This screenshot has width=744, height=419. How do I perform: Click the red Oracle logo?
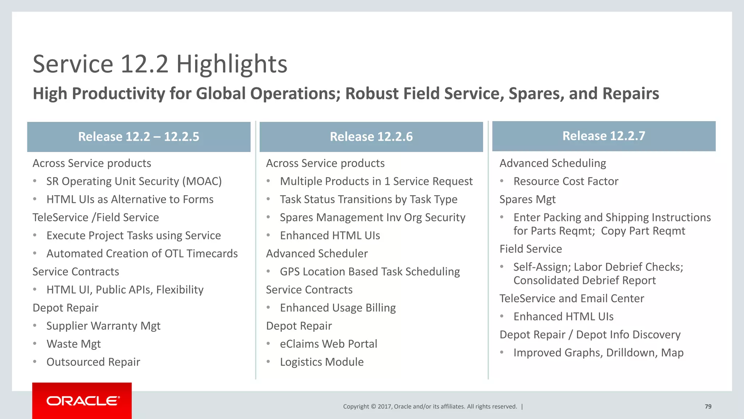(x=82, y=401)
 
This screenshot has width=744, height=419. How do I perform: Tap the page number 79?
(x=708, y=407)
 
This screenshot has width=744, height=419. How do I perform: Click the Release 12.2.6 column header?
(x=371, y=137)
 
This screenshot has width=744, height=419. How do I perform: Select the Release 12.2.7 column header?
(x=603, y=136)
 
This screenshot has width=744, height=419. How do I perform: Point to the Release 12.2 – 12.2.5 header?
(x=138, y=137)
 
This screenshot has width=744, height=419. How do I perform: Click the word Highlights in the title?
(x=232, y=64)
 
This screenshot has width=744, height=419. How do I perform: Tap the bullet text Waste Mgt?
(x=73, y=344)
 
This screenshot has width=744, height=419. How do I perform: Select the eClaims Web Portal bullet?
(x=328, y=344)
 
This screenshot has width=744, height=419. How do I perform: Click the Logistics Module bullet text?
(x=322, y=362)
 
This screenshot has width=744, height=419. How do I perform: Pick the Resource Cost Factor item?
(x=566, y=181)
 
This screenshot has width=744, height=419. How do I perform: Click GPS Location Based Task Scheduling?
(x=369, y=272)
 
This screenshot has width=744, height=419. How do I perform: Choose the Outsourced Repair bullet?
(x=93, y=362)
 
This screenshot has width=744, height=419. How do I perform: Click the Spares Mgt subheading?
(x=527, y=200)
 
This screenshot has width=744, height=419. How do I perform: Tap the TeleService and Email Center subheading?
(x=571, y=299)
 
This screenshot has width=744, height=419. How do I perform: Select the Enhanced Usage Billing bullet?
(x=337, y=308)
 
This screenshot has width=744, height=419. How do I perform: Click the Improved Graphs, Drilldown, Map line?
(x=598, y=353)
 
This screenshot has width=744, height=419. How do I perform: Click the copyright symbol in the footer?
(x=373, y=407)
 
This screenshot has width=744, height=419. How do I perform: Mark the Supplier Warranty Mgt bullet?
(x=103, y=326)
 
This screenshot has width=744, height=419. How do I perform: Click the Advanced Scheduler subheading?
(x=316, y=254)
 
